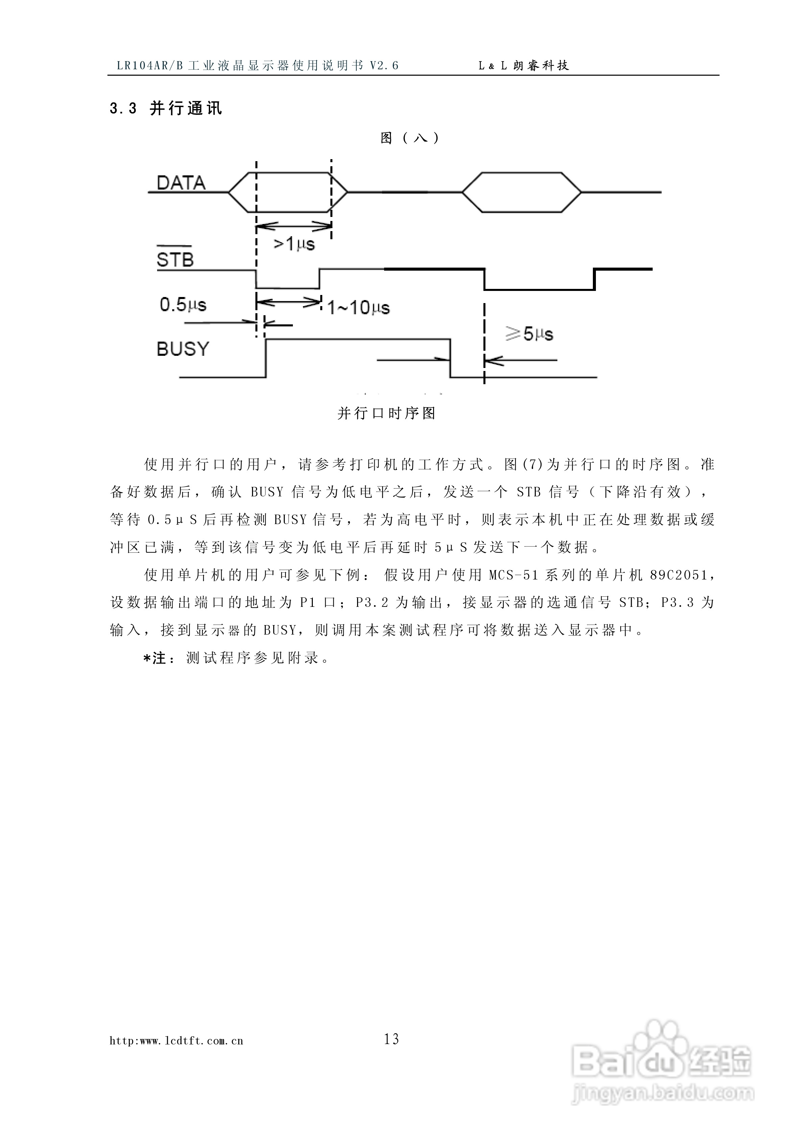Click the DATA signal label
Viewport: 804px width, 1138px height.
point(181,183)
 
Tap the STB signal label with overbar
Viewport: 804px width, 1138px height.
point(174,259)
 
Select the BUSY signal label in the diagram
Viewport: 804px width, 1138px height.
point(183,349)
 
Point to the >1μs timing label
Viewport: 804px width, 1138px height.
point(295,244)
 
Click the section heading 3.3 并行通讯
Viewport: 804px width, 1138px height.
point(166,108)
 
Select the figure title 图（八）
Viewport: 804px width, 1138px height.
point(410,138)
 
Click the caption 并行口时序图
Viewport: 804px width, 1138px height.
point(387,413)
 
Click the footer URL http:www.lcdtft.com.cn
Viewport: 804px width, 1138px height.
point(176,1041)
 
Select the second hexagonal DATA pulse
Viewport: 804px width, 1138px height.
point(522,192)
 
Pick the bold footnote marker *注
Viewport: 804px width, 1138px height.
point(155,658)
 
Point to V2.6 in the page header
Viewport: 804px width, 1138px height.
point(384,66)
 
